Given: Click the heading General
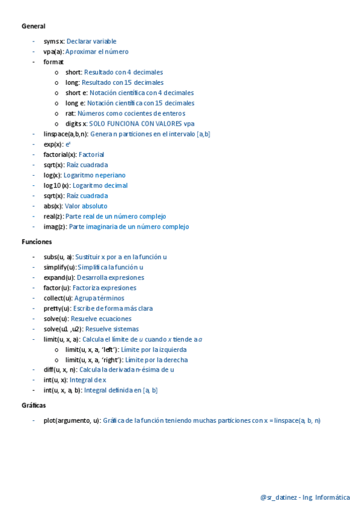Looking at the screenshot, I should pyautogui.click(x=33, y=26).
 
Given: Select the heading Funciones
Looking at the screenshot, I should pyautogui.click(x=37, y=241).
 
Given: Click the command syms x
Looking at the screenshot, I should pyautogui.click(x=53, y=41).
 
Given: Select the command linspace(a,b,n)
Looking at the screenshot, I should pyautogui.click(x=66, y=134).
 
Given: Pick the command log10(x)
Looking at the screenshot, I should pyautogui.click(x=56, y=185).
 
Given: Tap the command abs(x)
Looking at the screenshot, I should pyautogui.click(x=53, y=206).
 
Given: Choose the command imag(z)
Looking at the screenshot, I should pyautogui.click(x=55, y=227).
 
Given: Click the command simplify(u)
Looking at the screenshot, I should pyautogui.click(x=59, y=267).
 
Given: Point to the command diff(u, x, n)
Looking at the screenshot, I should pyautogui.click(x=60, y=370).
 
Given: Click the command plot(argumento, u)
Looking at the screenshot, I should pyautogui.click(x=72, y=420).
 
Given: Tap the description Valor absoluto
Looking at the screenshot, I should pyautogui.click(x=86, y=206).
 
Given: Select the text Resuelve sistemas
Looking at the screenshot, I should pyautogui.click(x=112, y=329).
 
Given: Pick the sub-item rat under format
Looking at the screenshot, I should pyautogui.click(x=70, y=113).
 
